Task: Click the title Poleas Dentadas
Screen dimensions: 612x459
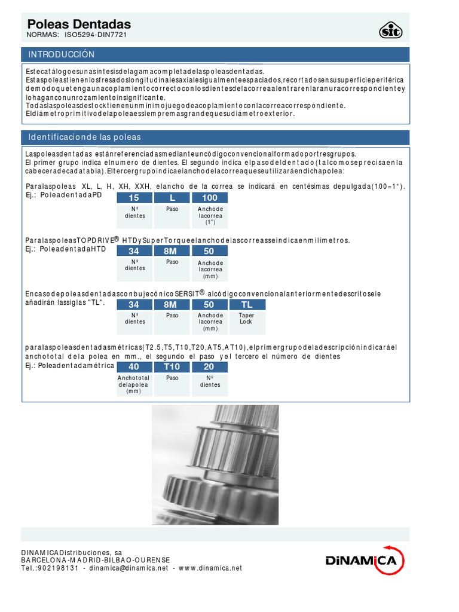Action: tap(79, 24)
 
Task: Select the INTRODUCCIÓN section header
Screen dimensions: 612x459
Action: tap(62, 54)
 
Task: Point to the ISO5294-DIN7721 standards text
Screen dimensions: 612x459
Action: tap(95, 35)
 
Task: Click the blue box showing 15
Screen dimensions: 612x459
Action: tap(134, 198)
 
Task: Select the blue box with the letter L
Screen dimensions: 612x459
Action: tap(172, 198)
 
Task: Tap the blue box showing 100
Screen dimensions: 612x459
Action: tap(209, 198)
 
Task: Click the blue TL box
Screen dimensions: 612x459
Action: tap(247, 305)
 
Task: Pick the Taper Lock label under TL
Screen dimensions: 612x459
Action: tap(247, 319)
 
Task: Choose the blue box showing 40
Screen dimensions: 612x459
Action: tap(134, 367)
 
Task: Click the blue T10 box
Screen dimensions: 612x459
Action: tap(172, 367)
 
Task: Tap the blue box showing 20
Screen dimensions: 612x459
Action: tap(209, 367)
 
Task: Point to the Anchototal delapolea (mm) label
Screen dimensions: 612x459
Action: tap(134, 384)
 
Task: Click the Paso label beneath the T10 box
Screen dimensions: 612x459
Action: tap(172, 378)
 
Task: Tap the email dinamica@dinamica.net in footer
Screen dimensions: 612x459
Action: tap(127, 568)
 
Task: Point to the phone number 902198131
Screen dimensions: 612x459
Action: tap(59, 568)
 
